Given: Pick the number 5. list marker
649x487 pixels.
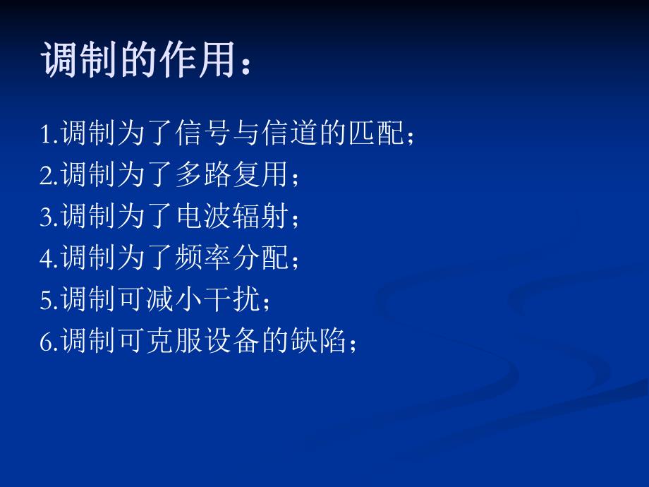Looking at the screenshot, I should click(x=49, y=301).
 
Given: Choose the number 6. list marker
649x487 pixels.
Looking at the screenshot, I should click(x=49, y=343).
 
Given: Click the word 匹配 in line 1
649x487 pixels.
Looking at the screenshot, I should click(x=378, y=134).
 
